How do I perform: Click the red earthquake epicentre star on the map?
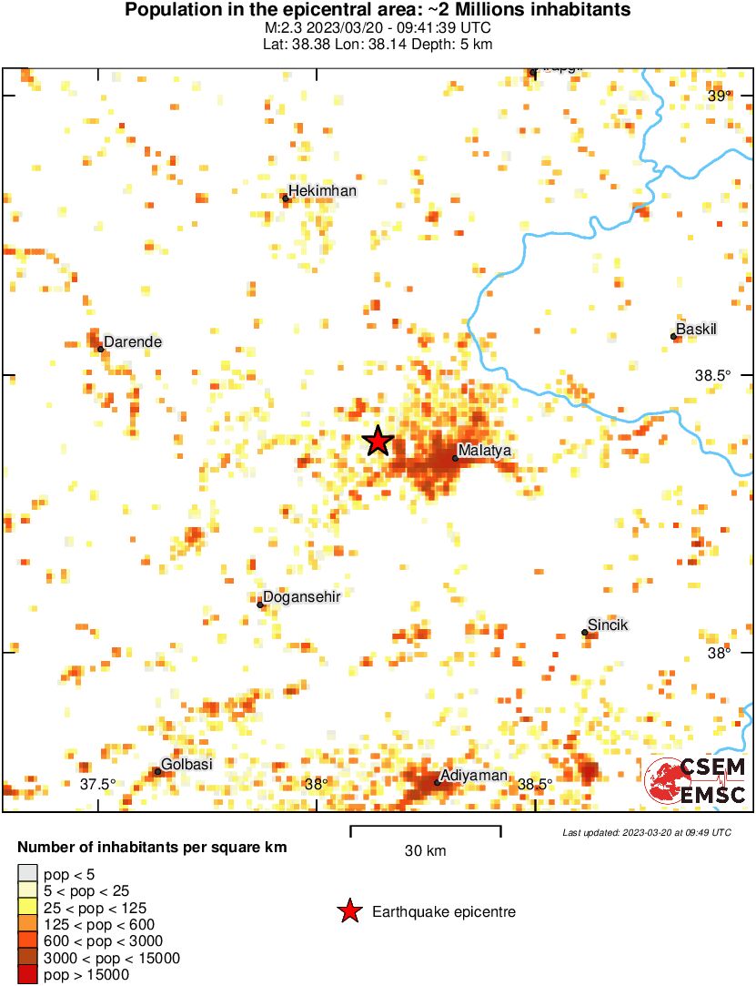click(x=378, y=441)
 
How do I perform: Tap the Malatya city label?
click(x=485, y=450)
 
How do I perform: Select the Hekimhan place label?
click(x=323, y=190)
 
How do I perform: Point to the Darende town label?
click(x=133, y=342)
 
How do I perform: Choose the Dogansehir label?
click(x=301, y=596)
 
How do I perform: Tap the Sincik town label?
click(x=608, y=625)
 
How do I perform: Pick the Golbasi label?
click(x=186, y=764)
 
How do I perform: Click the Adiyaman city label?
click(x=470, y=775)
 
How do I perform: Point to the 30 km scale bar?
click(x=426, y=828)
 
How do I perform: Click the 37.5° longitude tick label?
click(x=97, y=784)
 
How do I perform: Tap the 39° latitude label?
click(x=719, y=96)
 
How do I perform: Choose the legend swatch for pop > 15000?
click(x=28, y=975)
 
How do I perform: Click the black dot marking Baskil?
click(x=674, y=336)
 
